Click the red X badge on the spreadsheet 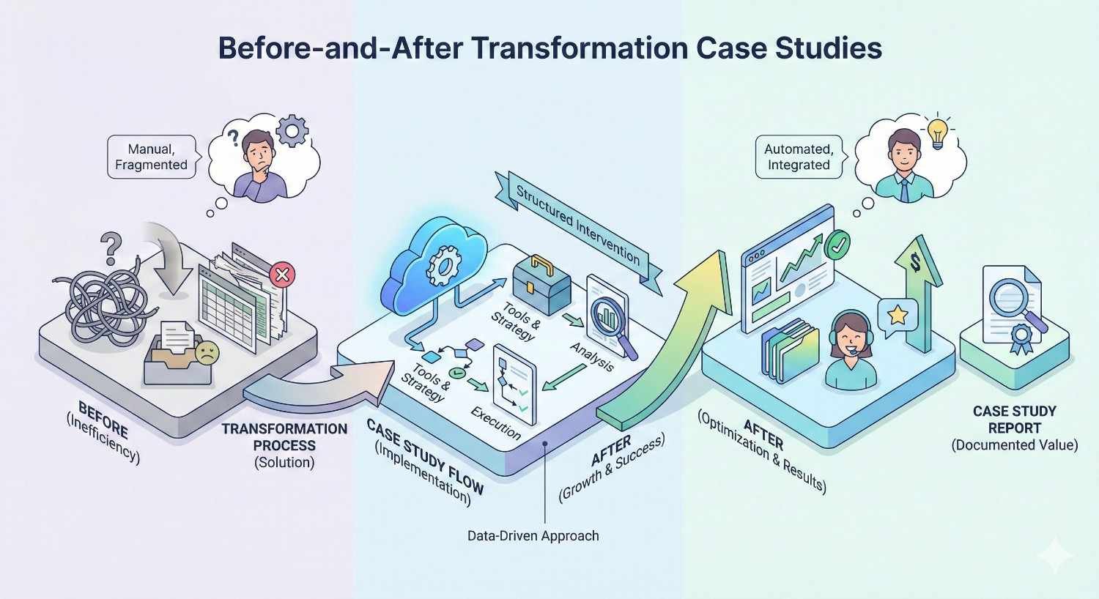click(x=282, y=275)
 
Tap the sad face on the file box click(x=207, y=352)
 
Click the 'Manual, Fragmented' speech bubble click(x=152, y=156)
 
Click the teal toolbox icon click(x=541, y=286)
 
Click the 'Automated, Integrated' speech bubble click(x=799, y=157)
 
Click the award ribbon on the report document click(x=1021, y=338)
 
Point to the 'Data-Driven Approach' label click(x=533, y=536)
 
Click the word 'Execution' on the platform click(x=496, y=423)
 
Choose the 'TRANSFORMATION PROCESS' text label click(x=284, y=437)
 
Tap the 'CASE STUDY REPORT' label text click(x=1014, y=420)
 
